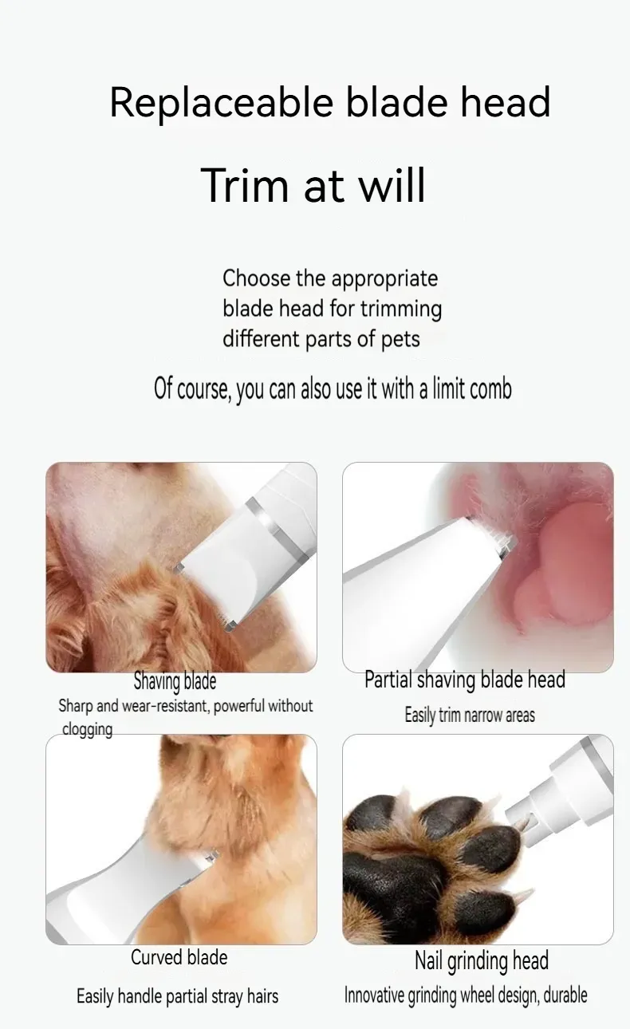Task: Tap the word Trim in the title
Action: (x=246, y=185)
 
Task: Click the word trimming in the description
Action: (x=401, y=309)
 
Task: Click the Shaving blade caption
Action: (x=175, y=681)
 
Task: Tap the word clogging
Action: (x=87, y=729)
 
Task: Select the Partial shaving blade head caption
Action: (x=465, y=680)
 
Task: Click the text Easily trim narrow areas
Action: (x=470, y=716)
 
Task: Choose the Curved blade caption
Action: (x=179, y=957)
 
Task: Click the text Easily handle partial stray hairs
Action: (x=177, y=996)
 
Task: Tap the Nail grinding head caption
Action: (x=482, y=961)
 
